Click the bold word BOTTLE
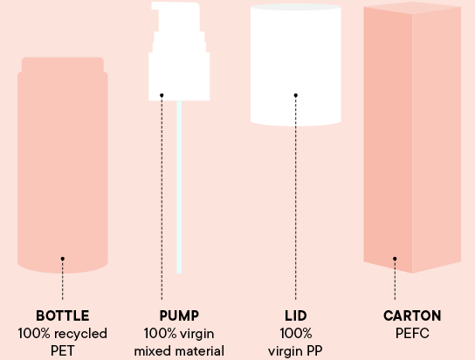[x=62, y=315]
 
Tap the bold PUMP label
[x=179, y=315]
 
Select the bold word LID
[x=296, y=315]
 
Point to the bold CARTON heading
[x=412, y=315]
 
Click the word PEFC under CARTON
[x=412, y=334]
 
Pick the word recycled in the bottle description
[x=81, y=334]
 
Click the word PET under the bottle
[x=62, y=351]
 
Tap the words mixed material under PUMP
[x=179, y=351]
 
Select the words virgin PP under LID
[x=295, y=351]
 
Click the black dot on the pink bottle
[x=62, y=259]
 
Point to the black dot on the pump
[x=162, y=95]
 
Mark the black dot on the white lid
[x=296, y=95]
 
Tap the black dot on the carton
[x=395, y=259]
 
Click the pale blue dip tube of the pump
[x=179, y=187]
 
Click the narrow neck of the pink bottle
[x=63, y=65]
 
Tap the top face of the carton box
[x=412, y=8]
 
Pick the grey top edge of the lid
[x=296, y=7]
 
